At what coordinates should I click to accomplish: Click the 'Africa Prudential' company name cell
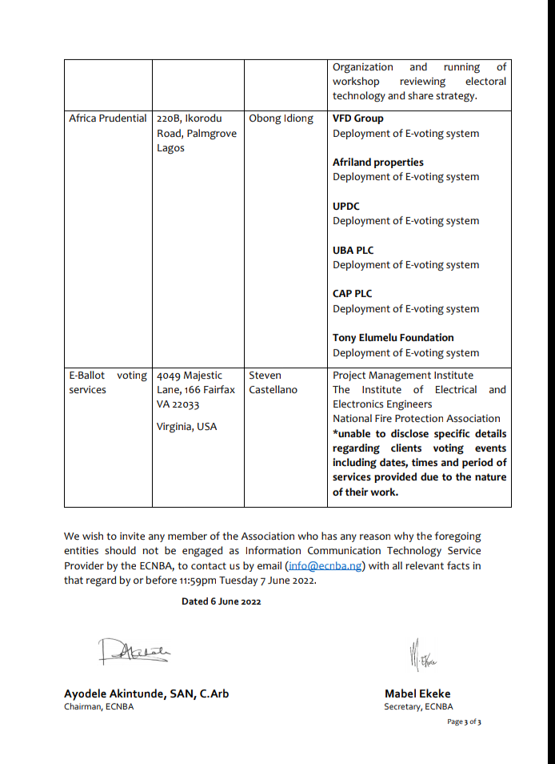(x=108, y=119)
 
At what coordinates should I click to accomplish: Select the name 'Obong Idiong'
(x=281, y=119)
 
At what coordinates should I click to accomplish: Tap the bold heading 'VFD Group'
(x=357, y=119)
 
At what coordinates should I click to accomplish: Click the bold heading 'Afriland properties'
(x=377, y=163)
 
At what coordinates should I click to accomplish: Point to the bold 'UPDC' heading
(x=346, y=207)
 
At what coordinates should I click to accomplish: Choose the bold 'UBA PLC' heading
(x=353, y=251)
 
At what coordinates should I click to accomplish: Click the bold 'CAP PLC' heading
(x=352, y=294)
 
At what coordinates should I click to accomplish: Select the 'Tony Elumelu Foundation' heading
(x=393, y=338)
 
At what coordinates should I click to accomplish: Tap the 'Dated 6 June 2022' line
(x=221, y=601)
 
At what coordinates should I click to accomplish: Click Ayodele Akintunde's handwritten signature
(x=133, y=652)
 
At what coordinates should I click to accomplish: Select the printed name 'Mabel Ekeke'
(x=417, y=694)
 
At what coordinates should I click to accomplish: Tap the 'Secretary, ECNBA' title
(x=417, y=707)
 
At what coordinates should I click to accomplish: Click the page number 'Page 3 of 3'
(x=464, y=722)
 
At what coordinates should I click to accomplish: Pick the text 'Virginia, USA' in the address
(x=186, y=427)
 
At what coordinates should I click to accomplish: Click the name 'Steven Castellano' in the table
(x=273, y=383)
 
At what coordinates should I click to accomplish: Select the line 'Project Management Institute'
(x=402, y=376)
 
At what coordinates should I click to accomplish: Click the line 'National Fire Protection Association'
(x=416, y=419)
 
